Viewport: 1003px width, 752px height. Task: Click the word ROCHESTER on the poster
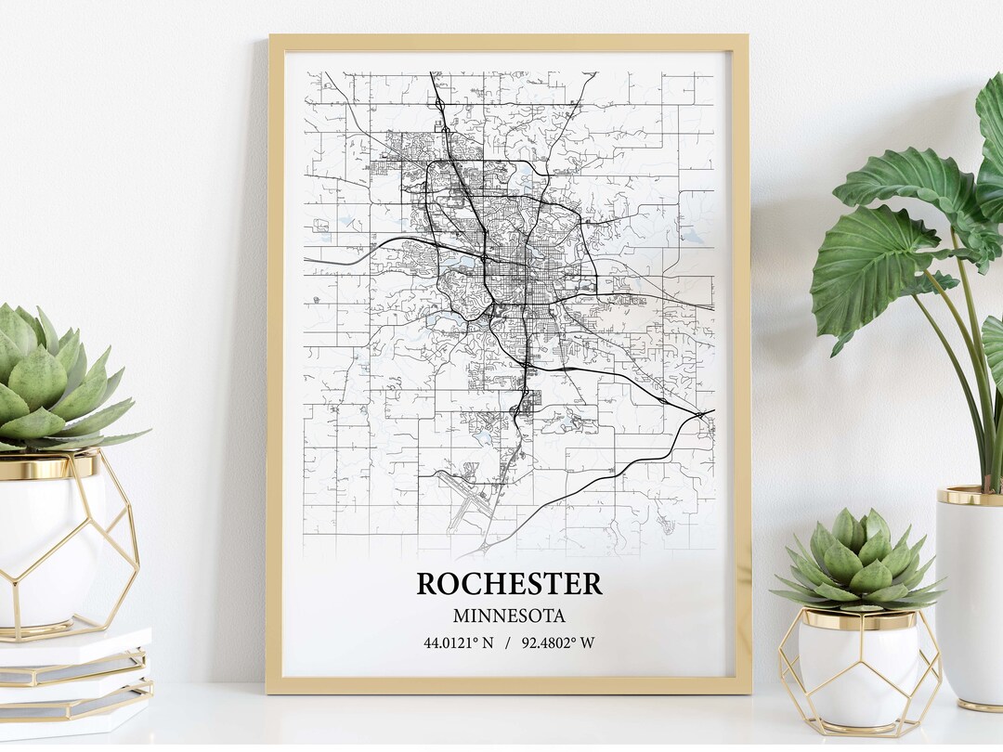click(x=509, y=584)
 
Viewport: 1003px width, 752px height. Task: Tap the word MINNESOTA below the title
click(x=509, y=616)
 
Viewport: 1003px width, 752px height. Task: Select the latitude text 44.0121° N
click(x=459, y=642)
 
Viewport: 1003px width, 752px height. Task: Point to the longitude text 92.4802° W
click(x=558, y=642)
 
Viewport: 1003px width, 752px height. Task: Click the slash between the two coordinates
click(x=508, y=642)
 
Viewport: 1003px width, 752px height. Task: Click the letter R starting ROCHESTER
click(x=427, y=584)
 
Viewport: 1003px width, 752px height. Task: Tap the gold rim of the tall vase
click(x=969, y=496)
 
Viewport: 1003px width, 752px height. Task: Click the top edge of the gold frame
click(x=508, y=42)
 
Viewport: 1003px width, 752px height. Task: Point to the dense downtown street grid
click(x=515, y=269)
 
